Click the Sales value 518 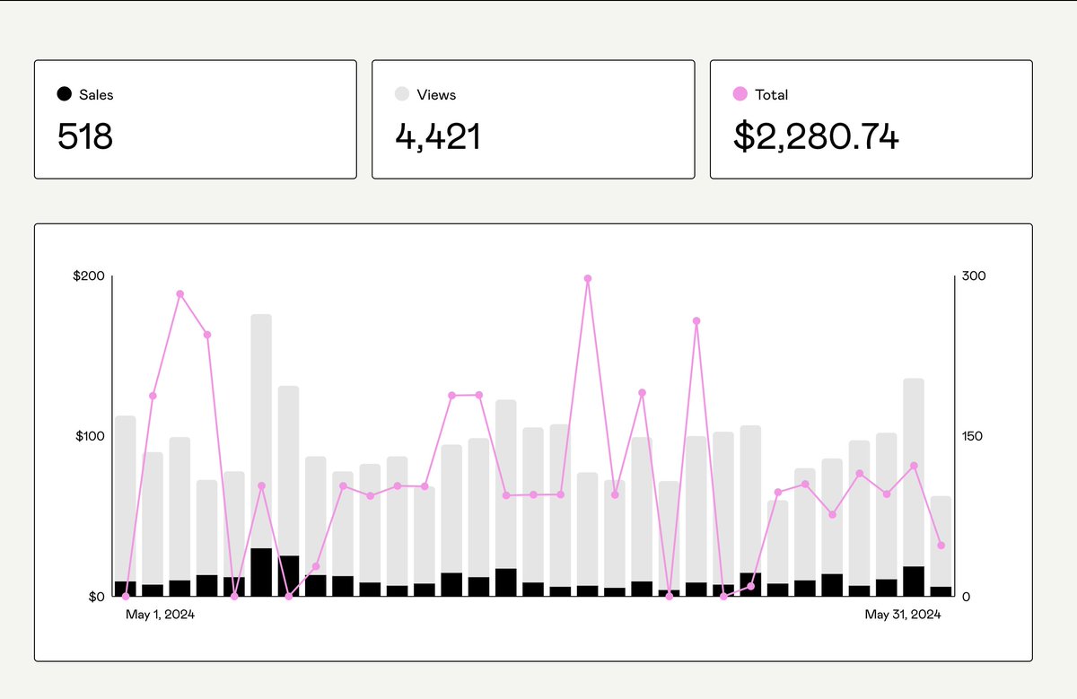point(85,136)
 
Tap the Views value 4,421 point(438,136)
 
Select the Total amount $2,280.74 point(816,136)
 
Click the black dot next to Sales point(65,94)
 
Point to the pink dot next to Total point(740,94)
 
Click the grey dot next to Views point(402,94)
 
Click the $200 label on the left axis point(89,276)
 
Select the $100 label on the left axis point(89,436)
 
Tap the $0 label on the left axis point(96,597)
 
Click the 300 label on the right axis point(974,276)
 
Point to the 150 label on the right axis point(973,436)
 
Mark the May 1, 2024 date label point(160,615)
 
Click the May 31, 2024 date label point(902,615)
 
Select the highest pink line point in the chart point(588,278)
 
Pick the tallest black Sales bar point(261,572)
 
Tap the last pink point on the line point(941,546)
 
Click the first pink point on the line point(126,596)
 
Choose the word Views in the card point(436,94)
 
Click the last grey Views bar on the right point(941,538)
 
